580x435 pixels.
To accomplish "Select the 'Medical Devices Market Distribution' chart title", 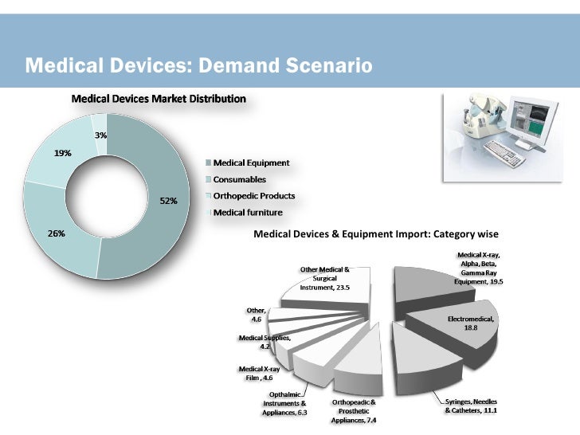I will [x=159, y=100].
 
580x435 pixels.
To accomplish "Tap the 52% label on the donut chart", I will [x=168, y=201].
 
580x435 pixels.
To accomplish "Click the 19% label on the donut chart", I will [x=62, y=154].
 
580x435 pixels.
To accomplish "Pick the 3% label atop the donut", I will [x=101, y=135].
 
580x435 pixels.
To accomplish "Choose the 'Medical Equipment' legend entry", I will [x=250, y=163].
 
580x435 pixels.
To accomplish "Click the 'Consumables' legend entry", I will [x=239, y=179].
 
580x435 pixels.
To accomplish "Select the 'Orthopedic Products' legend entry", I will [x=253, y=196].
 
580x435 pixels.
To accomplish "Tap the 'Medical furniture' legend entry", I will [x=246, y=213].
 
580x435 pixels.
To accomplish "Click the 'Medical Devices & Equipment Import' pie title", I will [x=375, y=234].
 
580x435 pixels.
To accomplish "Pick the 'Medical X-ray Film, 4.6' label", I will [x=260, y=374].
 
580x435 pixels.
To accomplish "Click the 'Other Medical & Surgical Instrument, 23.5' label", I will [x=324, y=278].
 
